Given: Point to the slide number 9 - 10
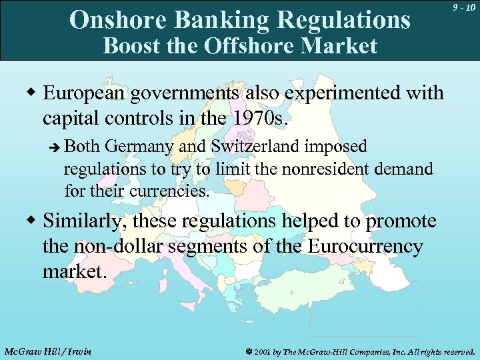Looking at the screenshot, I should click(462, 7).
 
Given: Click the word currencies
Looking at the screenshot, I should click(175, 192).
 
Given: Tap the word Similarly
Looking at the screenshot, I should click(84, 221).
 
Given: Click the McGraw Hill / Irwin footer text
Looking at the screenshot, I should click(47, 351).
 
